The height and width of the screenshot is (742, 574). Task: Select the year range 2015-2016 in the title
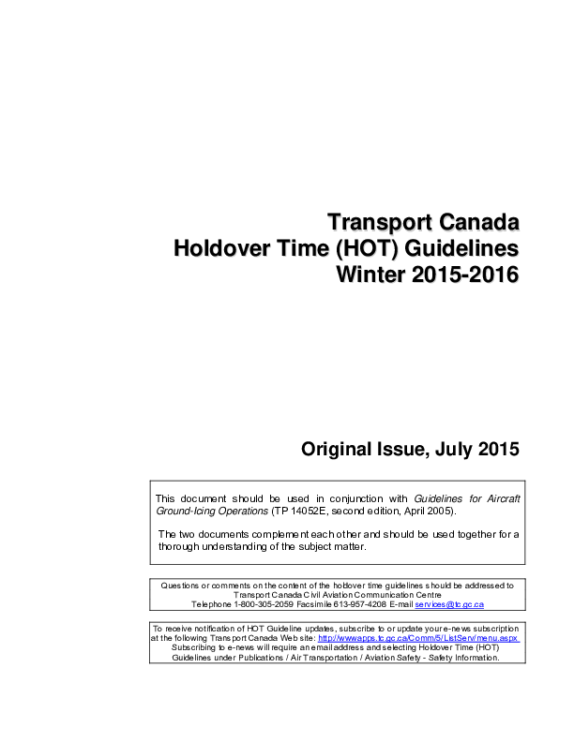(x=461, y=277)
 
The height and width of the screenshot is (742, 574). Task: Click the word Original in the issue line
(x=334, y=450)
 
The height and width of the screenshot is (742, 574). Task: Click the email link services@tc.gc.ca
(x=449, y=605)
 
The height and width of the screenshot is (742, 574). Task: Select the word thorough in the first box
(x=179, y=545)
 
